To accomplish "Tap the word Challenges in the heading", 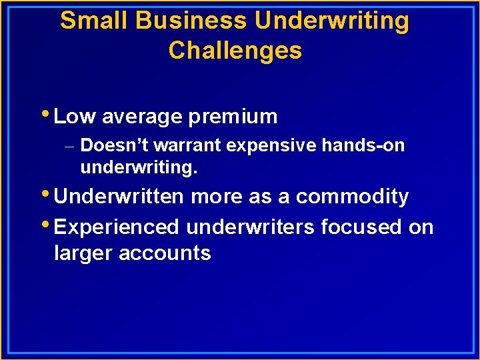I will [235, 51].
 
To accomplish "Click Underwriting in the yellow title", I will [332, 21].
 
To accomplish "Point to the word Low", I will [75, 117].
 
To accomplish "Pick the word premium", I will [233, 117].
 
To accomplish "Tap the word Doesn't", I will [109, 145].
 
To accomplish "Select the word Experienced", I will [117, 227].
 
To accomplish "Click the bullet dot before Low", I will [49, 114].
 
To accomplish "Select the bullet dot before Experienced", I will [49, 224].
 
